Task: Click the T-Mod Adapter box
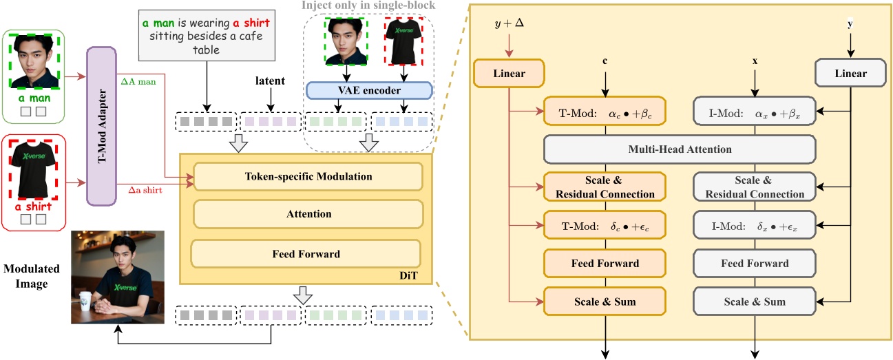102,126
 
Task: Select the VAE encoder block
368,90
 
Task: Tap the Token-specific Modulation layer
308,177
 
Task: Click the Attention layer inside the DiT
308,214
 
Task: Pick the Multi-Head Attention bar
680,149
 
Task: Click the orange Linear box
509,73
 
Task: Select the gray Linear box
850,73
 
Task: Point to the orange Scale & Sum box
605,301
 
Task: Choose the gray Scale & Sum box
754,301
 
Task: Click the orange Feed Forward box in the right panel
605,263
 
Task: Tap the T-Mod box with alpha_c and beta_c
605,110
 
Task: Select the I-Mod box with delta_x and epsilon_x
754,225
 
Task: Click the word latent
270,81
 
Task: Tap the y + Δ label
509,25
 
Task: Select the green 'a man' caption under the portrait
32,97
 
